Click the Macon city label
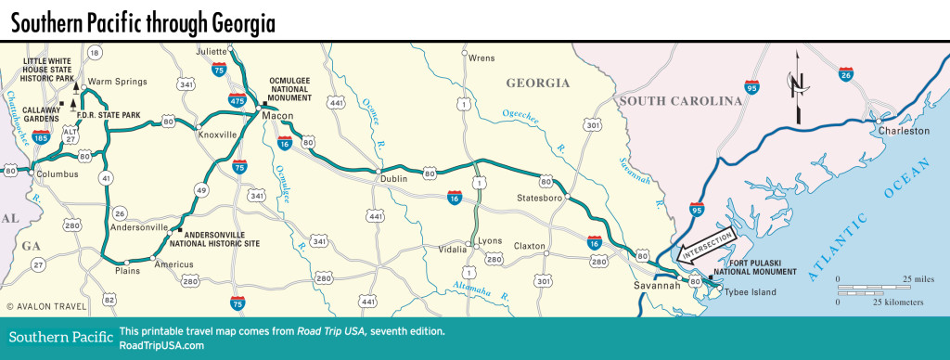click(277, 115)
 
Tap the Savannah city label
click(658, 285)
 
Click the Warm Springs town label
click(118, 82)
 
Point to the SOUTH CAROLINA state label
click(682, 100)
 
